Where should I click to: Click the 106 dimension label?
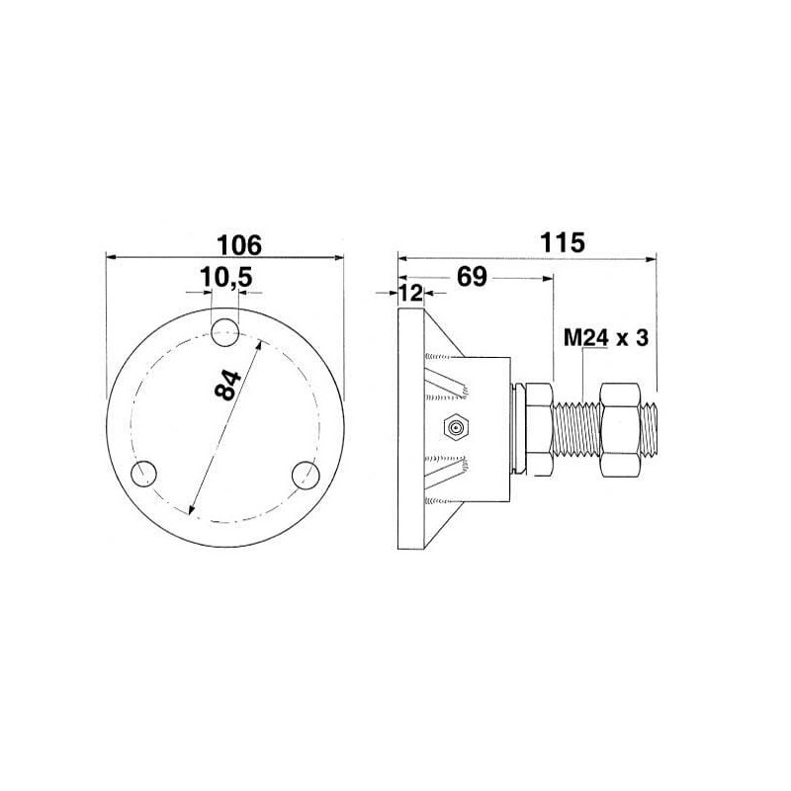(239, 245)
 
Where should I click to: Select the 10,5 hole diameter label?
(226, 278)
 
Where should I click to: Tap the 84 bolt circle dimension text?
(228, 386)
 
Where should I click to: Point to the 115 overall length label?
(562, 242)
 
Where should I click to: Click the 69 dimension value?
(472, 277)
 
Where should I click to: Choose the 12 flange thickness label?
(411, 293)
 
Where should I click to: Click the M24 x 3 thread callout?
(605, 338)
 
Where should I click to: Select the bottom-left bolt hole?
(143, 474)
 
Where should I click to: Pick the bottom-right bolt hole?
(307, 475)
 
